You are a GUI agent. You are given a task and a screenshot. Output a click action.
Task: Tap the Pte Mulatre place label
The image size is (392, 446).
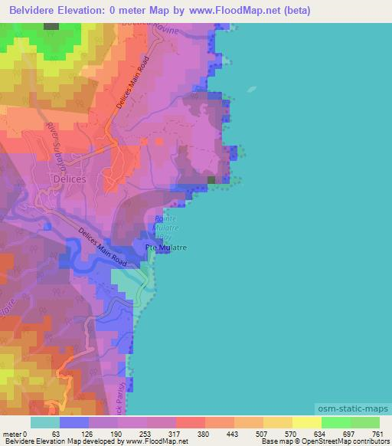[167, 248]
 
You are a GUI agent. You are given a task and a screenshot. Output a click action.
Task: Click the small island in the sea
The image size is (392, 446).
[252, 89]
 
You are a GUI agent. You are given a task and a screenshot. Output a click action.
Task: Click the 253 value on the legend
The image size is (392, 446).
[145, 434]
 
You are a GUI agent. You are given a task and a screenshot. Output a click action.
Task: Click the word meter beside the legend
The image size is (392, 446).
[11, 434]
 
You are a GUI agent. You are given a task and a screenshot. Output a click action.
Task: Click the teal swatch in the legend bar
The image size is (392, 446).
[45, 422]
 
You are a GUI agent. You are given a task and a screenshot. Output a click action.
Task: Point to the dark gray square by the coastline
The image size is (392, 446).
[211, 180]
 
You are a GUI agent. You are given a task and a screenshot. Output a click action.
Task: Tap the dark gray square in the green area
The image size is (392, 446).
[51, 26]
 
